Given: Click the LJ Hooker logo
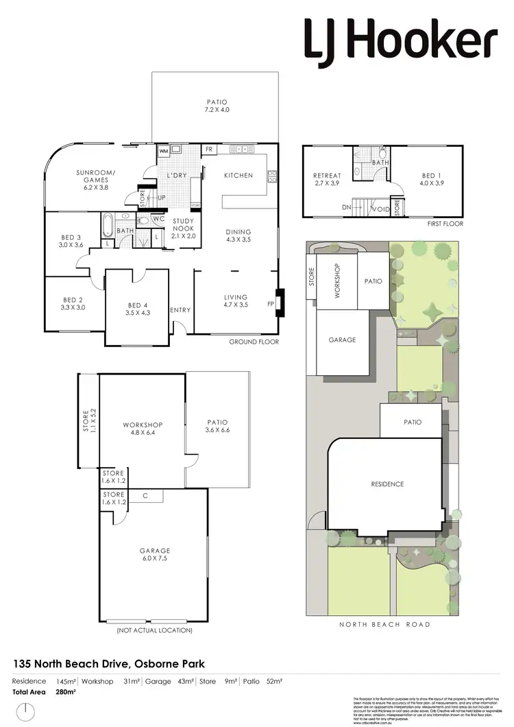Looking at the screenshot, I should pos(400,40).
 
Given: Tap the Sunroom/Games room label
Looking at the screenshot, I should pos(95,176).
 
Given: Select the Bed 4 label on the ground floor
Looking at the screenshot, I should pos(137,309).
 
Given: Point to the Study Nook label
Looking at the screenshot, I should pos(184,228).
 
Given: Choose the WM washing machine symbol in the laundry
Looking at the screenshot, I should pos(164,150).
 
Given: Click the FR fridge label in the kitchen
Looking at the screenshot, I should pos(208,150).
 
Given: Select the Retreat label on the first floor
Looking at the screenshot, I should pos(326,180).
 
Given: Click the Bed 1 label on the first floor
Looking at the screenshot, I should pos(432,180).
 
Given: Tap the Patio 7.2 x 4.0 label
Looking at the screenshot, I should pos(217,105).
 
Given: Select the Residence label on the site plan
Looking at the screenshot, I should pos(387,484).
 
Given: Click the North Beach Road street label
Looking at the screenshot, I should pos(385,624).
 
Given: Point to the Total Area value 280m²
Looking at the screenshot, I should pos(66,692).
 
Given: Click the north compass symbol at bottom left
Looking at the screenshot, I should pos(25,710).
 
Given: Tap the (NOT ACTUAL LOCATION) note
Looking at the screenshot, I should pos(154,630).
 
